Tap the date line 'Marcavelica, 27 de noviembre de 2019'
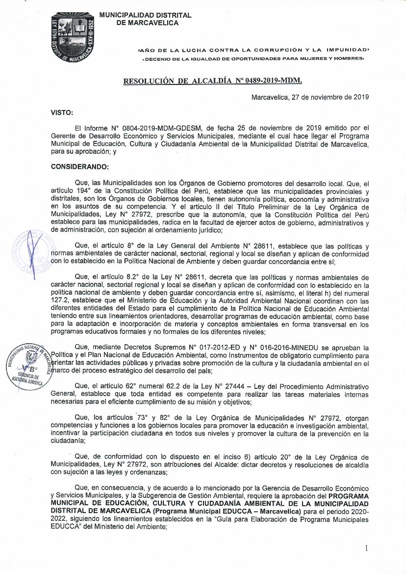310,97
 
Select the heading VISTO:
62,113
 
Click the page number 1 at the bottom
366,549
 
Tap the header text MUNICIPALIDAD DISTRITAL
145,16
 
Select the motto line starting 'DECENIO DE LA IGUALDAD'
253,59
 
